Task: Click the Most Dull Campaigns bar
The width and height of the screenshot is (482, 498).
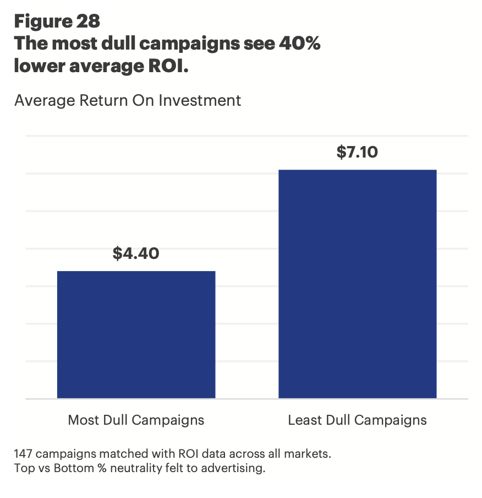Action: [x=136, y=334]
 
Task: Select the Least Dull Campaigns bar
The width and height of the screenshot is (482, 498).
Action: [x=357, y=284]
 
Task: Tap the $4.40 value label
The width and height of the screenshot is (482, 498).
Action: [x=136, y=253]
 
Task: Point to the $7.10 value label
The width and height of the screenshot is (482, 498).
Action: [x=357, y=152]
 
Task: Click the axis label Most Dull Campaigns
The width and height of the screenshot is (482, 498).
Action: [x=136, y=420]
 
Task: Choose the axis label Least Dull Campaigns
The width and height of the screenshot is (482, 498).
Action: [x=357, y=420]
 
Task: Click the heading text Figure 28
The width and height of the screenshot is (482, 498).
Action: [x=57, y=21]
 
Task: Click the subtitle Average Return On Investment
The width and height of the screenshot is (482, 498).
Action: [x=128, y=101]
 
